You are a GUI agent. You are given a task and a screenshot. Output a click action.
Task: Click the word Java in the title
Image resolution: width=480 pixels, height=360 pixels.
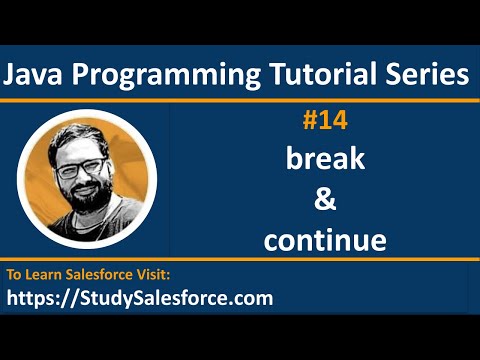coord(39,75)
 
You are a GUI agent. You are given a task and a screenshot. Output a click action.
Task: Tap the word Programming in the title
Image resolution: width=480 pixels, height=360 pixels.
coord(151,75)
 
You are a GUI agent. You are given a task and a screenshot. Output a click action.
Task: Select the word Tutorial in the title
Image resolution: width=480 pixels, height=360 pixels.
coord(299,75)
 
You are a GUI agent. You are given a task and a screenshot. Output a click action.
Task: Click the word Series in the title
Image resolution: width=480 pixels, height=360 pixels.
coord(419,75)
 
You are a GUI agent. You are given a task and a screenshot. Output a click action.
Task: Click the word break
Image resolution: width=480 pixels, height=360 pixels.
coord(325,160)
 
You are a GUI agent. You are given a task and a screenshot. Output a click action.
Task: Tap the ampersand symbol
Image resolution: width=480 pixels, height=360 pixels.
coord(325,200)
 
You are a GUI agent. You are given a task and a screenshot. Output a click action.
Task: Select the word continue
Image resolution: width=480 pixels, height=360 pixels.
coord(325,240)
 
